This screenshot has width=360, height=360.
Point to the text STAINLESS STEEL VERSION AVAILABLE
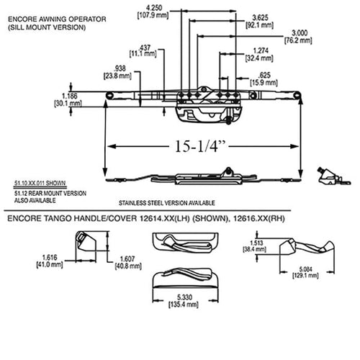pyautogui.click(x=168, y=202)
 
